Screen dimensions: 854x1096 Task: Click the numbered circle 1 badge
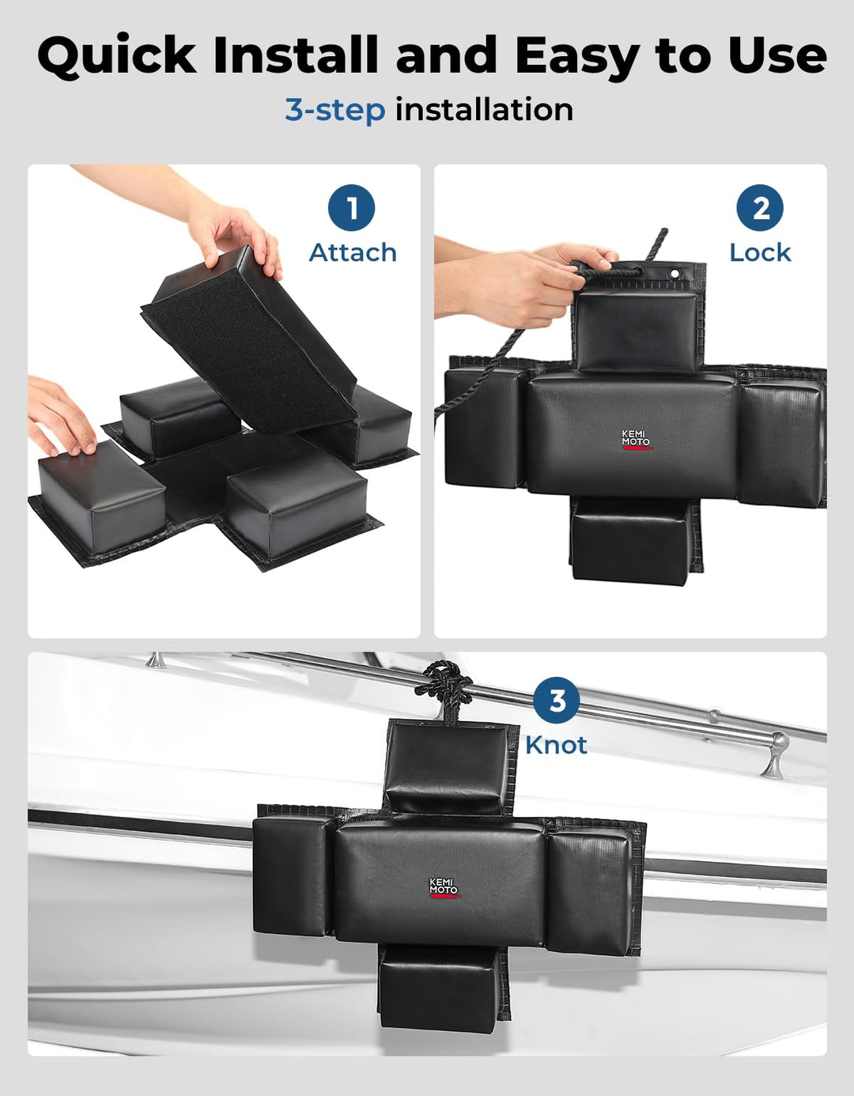click(x=351, y=207)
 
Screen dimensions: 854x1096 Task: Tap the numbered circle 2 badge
click(x=760, y=207)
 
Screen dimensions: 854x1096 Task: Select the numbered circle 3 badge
click(x=556, y=701)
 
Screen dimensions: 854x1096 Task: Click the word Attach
click(x=353, y=253)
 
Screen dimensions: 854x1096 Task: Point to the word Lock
click(x=760, y=253)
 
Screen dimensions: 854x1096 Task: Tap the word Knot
click(x=556, y=746)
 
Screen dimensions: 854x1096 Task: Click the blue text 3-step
click(x=335, y=111)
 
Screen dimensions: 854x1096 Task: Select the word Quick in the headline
click(x=118, y=55)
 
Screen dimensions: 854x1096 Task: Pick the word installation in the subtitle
click(x=484, y=109)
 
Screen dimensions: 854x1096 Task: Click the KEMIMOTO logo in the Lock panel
click(x=636, y=440)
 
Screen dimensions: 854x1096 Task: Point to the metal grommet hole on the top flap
click(x=674, y=274)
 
